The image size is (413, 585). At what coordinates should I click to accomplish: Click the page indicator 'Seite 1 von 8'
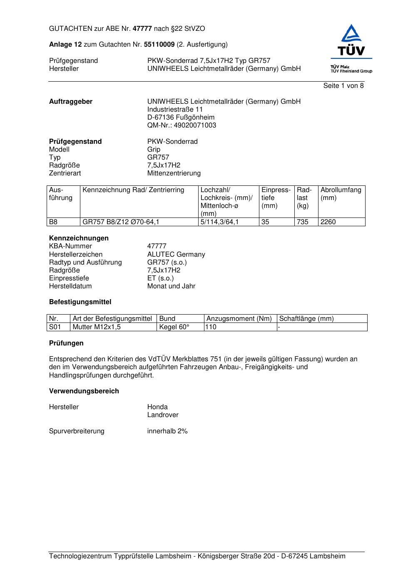click(343, 86)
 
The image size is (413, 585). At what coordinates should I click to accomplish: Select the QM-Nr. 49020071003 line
click(182, 125)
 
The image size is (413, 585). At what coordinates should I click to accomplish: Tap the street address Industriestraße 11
click(175, 110)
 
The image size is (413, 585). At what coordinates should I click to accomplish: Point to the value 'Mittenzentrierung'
click(174, 173)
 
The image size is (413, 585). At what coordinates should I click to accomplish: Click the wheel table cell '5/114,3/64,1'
click(219, 222)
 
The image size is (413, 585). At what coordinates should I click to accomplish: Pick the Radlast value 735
click(302, 222)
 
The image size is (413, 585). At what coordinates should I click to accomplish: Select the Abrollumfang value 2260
click(328, 222)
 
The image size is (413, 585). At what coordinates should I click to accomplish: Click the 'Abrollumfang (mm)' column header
click(341, 194)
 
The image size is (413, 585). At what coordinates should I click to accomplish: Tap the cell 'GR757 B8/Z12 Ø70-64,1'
click(121, 222)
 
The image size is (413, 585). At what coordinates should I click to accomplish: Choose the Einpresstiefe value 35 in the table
click(265, 222)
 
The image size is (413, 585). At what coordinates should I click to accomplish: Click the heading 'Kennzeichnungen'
click(79, 238)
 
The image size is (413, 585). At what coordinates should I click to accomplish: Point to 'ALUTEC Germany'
click(176, 255)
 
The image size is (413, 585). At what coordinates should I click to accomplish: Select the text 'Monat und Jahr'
click(171, 286)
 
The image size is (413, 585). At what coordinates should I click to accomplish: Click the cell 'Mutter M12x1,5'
click(97, 327)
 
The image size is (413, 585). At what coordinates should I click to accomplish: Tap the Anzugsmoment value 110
click(211, 327)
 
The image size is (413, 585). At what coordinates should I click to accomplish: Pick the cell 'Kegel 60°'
click(174, 327)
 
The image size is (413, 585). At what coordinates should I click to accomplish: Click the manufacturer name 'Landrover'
click(163, 415)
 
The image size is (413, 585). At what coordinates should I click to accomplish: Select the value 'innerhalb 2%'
click(167, 431)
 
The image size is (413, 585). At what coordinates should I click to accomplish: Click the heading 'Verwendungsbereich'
click(84, 391)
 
